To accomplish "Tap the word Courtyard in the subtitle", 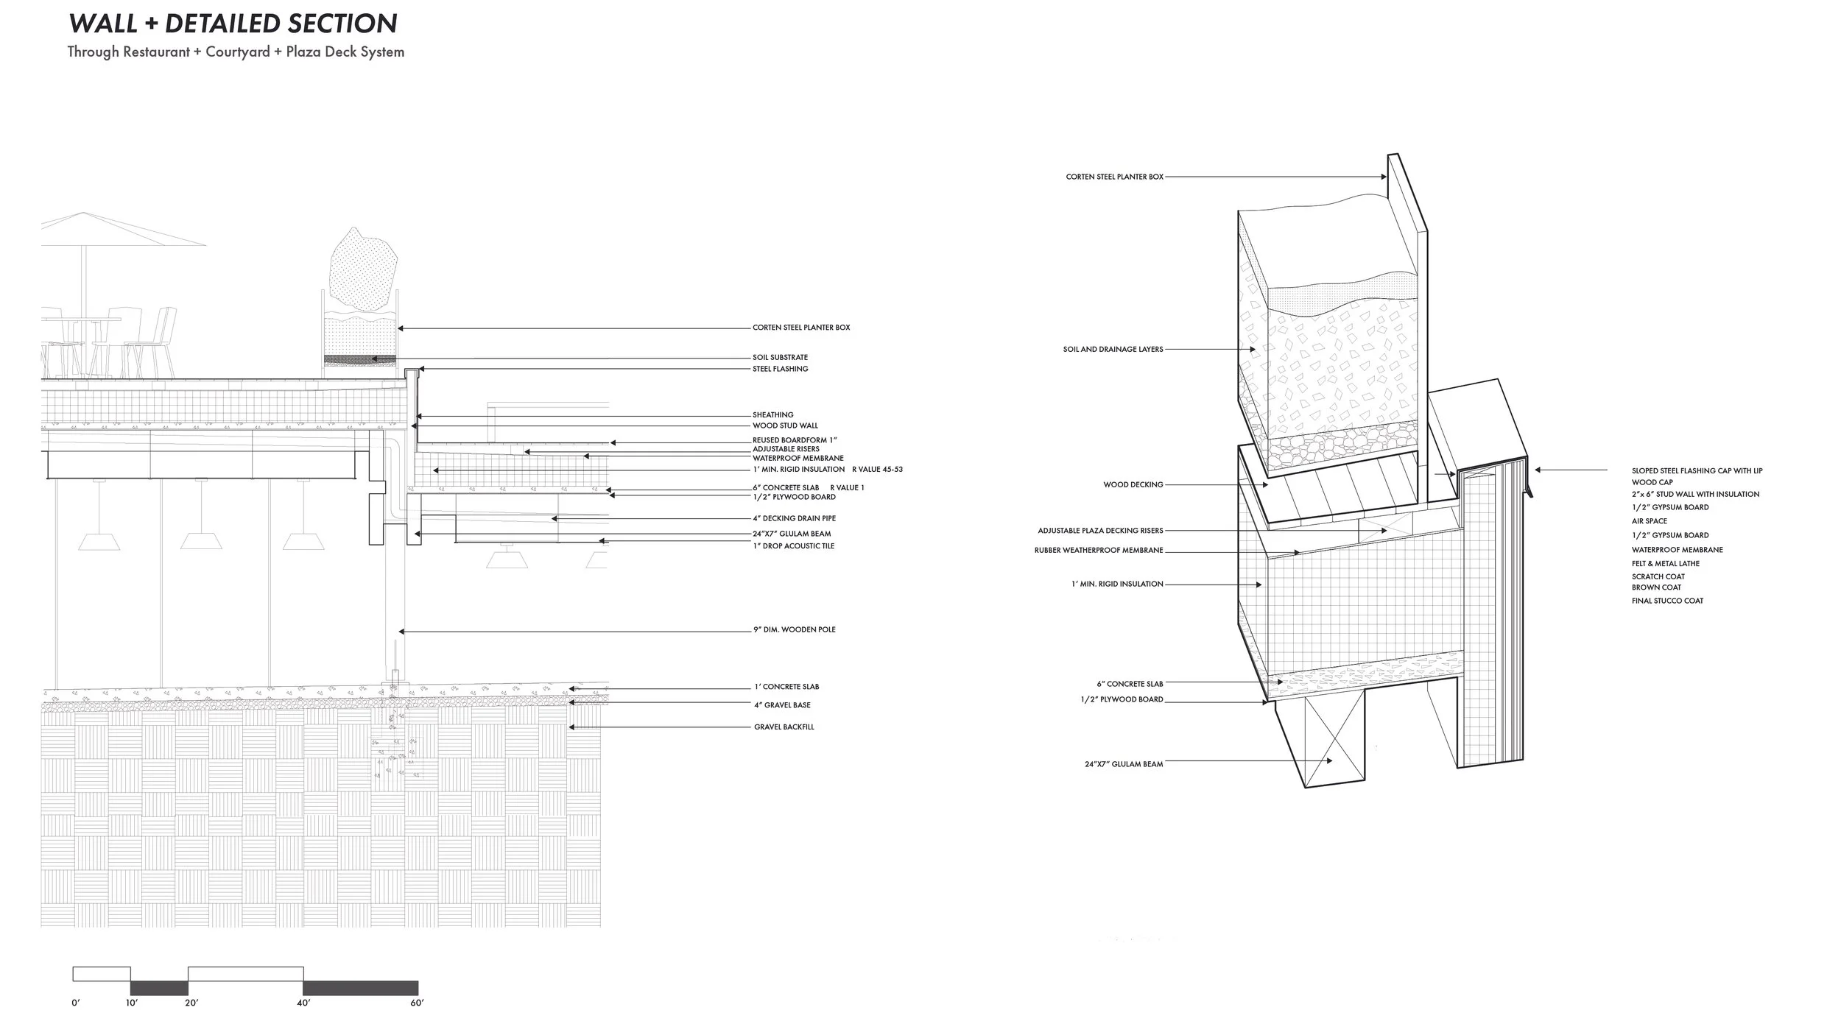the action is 236,52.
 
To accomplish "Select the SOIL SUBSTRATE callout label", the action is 780,358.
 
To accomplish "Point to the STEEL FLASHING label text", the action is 780,369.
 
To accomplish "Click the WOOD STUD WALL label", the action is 785,425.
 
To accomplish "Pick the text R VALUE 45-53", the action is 877,469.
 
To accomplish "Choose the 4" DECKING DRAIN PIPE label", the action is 794,518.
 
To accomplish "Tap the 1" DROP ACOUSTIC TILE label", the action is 793,546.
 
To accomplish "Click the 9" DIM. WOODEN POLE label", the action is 794,629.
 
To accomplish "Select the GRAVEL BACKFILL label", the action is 784,727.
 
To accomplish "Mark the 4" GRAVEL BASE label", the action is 782,705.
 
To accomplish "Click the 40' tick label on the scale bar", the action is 303,1003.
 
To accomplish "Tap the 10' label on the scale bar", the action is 131,1003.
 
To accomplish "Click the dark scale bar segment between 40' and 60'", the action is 360,988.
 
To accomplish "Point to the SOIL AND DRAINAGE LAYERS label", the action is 1113,349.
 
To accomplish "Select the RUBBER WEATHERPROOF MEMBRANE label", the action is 1099,551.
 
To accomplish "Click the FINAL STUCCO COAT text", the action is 1667,601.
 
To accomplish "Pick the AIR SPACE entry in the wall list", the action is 1649,521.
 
